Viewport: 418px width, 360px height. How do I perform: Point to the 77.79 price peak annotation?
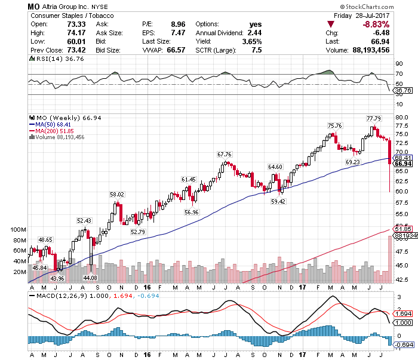pos(374,118)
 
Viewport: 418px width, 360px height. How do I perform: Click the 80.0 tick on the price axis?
pos(401,118)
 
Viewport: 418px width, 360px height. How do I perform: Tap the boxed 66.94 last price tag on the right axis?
pos(403,164)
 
